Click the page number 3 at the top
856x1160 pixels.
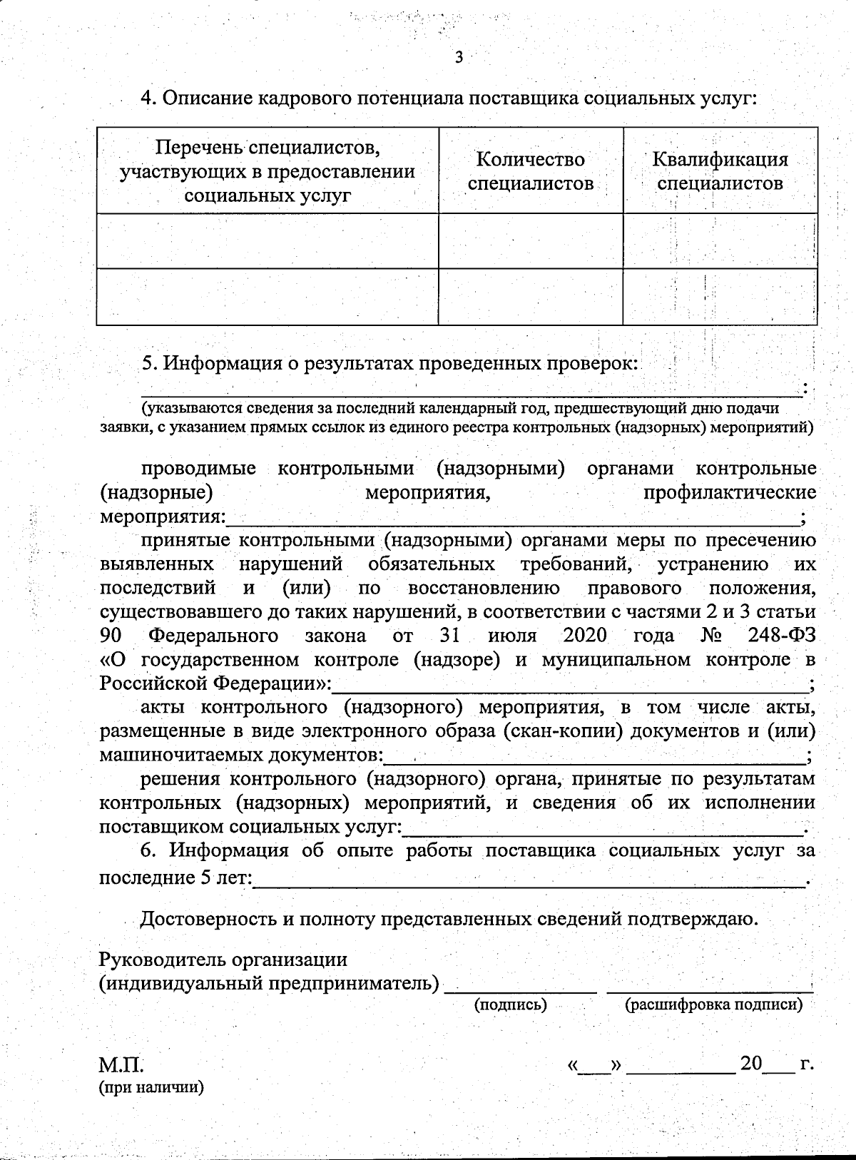click(459, 58)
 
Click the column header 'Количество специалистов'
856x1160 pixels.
click(530, 171)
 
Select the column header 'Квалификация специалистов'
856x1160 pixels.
click(720, 171)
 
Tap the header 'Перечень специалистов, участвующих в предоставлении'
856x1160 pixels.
click(267, 160)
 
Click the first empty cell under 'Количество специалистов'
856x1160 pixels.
click(531, 241)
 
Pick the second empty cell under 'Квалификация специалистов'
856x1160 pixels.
click(720, 297)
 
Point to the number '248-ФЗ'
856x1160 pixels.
click(782, 635)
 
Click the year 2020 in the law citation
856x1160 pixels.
click(584, 635)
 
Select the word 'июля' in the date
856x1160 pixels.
click(511, 635)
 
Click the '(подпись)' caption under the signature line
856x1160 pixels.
click(511, 1004)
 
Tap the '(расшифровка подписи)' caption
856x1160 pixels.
click(713, 1004)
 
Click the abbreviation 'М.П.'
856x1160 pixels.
click(121, 1066)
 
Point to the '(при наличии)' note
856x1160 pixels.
click(151, 1087)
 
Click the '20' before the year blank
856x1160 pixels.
click(751, 1064)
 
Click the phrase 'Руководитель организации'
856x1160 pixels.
click(223, 960)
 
